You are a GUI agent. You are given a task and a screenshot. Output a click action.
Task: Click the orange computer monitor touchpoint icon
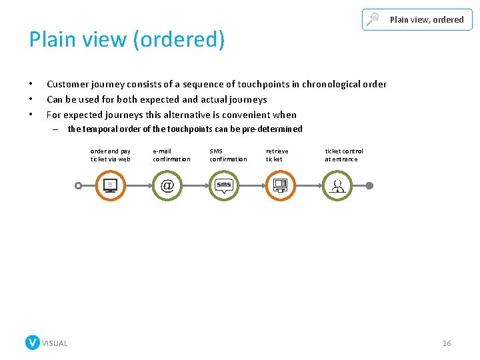point(111,185)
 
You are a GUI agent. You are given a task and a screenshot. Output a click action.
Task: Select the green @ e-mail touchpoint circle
point(167,185)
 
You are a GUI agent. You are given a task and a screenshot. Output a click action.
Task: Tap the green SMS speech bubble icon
point(224,185)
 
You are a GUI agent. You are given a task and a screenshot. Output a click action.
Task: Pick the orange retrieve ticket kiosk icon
point(281,185)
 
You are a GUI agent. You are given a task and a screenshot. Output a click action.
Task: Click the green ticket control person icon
point(338,185)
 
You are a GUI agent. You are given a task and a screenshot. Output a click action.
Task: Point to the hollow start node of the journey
point(79,185)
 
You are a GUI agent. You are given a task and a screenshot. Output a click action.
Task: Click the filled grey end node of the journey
point(370,185)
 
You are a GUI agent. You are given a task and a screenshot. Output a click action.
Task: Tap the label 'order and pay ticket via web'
point(111,155)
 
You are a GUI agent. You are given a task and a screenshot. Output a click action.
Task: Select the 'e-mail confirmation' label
point(171,155)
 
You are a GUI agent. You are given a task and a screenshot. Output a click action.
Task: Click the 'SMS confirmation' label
point(228,155)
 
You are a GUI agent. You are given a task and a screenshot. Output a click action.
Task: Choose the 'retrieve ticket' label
point(277,155)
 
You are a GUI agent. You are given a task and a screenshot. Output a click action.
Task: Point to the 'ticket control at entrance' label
point(344,155)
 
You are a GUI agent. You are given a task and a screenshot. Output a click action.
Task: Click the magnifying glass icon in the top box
point(373,19)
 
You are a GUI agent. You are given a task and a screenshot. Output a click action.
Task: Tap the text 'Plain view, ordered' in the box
point(427,19)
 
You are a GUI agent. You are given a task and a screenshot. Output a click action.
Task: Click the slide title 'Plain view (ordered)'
point(127,40)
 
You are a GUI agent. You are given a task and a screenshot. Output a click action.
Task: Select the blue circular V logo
point(33,343)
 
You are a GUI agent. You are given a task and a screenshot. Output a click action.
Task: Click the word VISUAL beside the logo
point(55,343)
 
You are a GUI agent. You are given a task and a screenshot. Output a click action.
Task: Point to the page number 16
point(447,343)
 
